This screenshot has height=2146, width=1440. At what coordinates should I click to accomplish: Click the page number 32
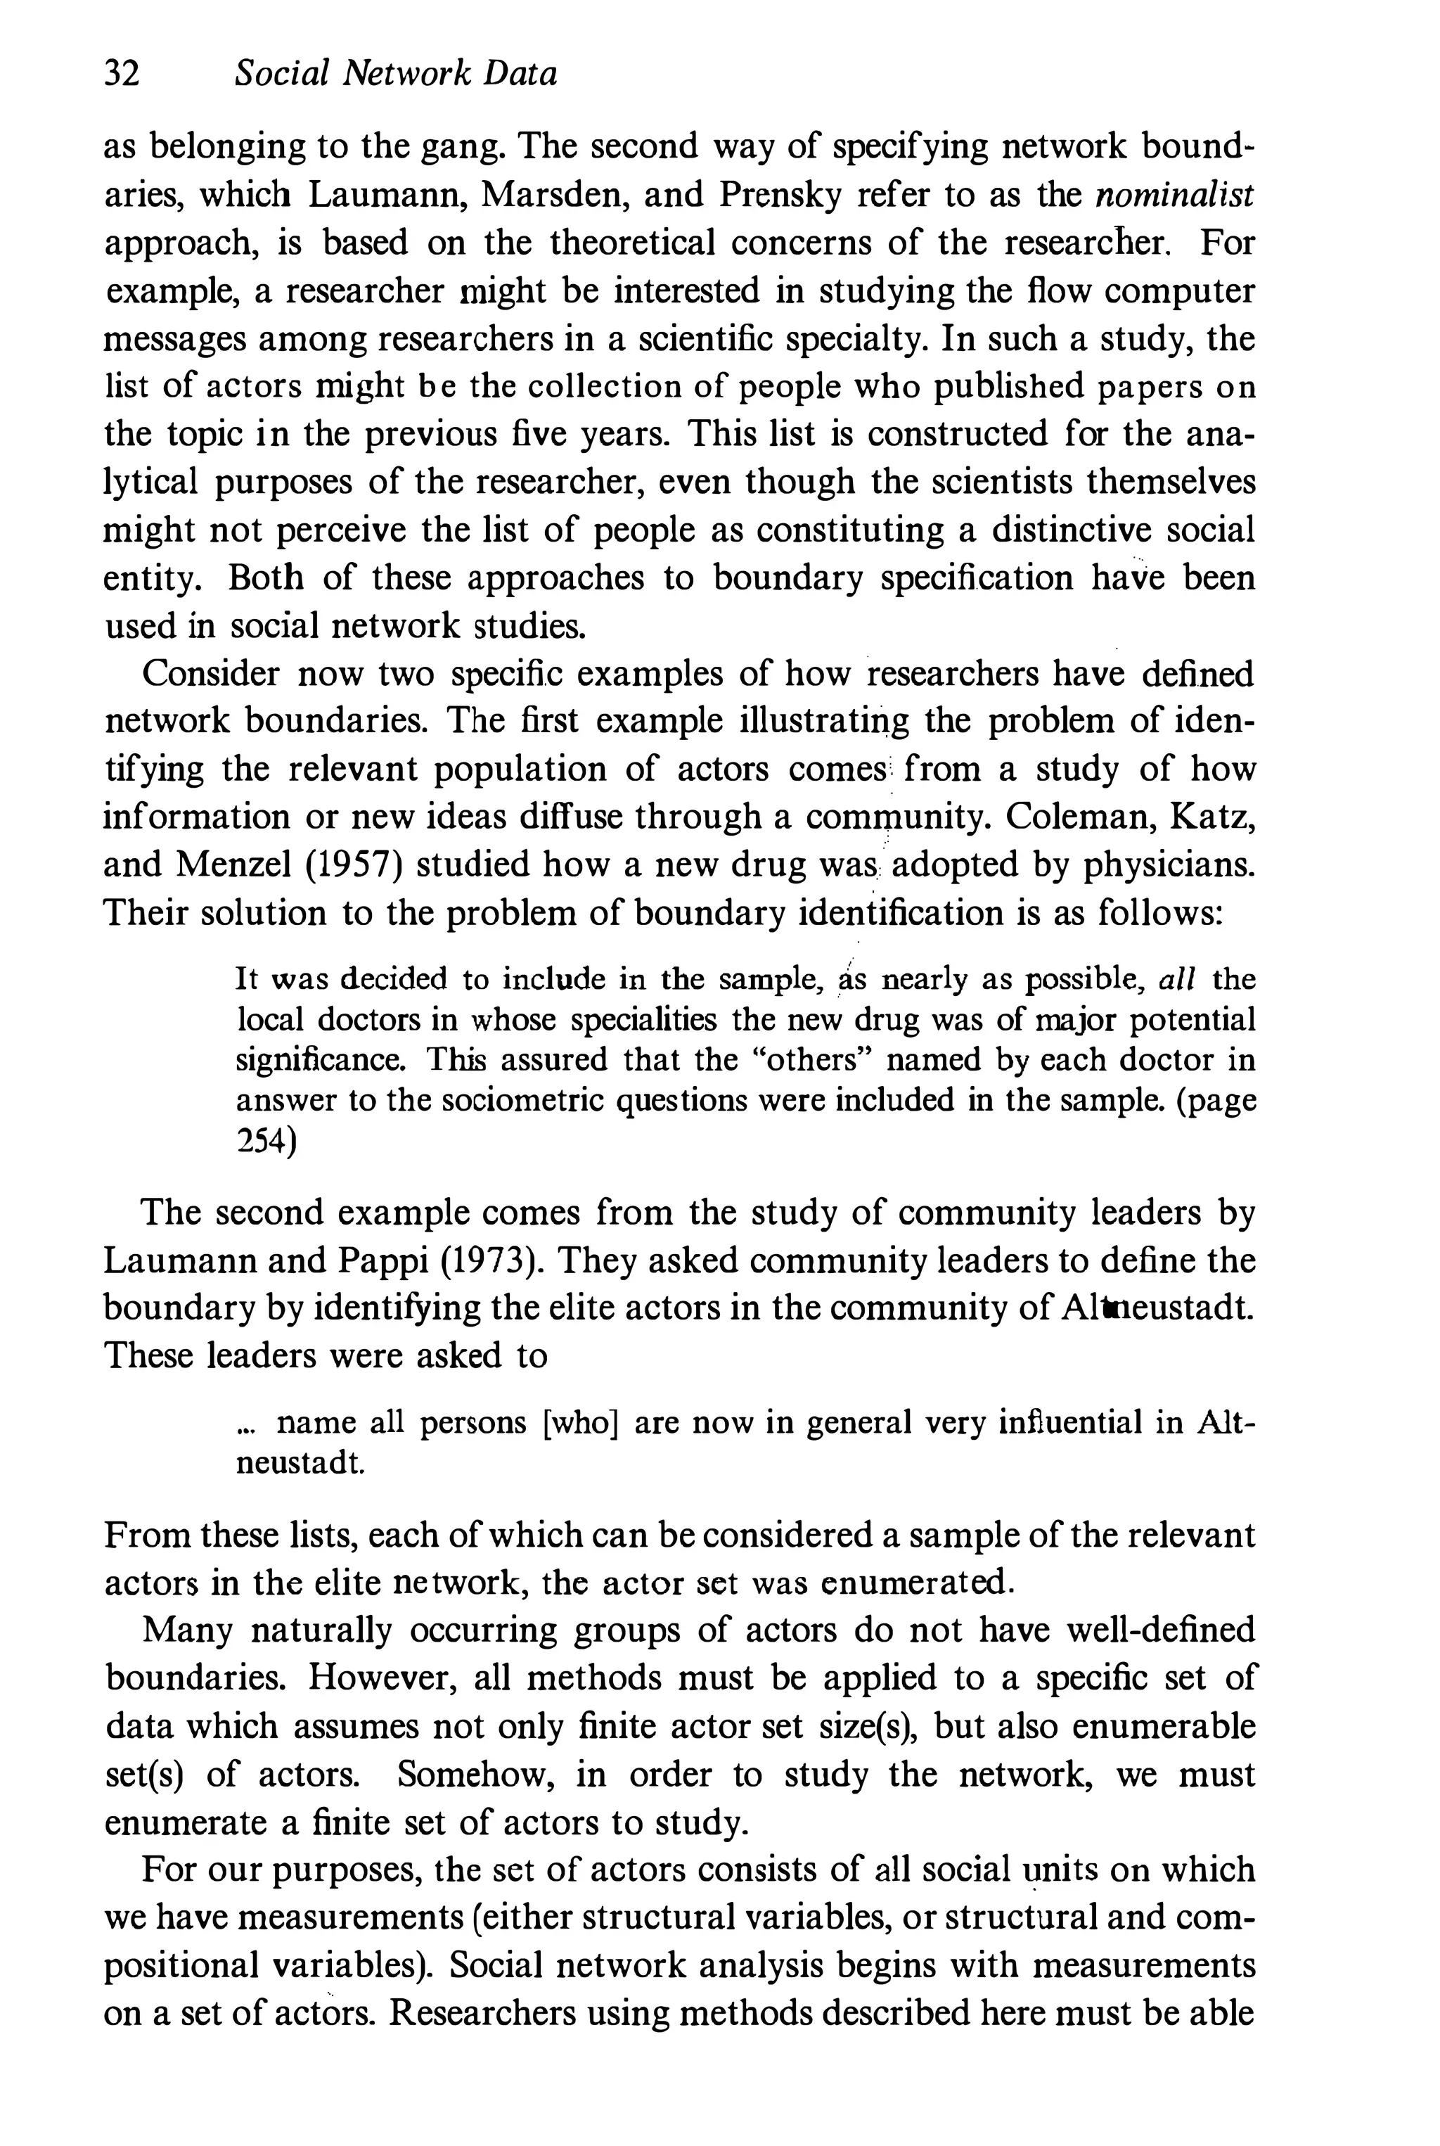pyautogui.click(x=122, y=73)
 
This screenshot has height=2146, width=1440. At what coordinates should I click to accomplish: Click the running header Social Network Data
pyautogui.click(x=395, y=73)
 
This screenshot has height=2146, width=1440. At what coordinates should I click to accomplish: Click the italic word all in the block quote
pyautogui.click(x=1176, y=979)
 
